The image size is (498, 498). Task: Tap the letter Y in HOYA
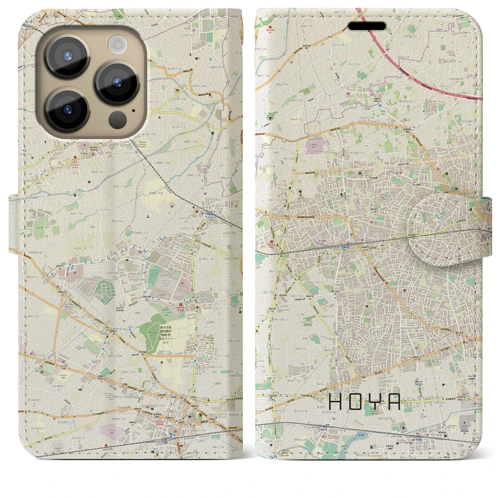(376, 402)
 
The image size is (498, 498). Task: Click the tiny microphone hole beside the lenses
(133, 110)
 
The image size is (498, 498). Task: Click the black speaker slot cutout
(367, 26)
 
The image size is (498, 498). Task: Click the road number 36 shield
(268, 70)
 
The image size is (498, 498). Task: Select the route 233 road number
(418, 235)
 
